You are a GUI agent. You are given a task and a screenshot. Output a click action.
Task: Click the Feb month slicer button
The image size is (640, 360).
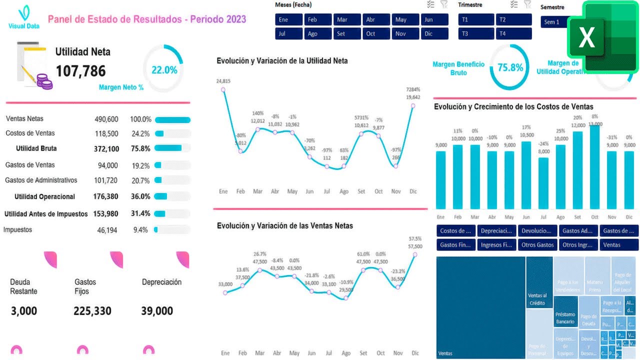coord(318,20)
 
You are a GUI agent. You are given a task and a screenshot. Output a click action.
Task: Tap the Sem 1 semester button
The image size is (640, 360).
coord(555,22)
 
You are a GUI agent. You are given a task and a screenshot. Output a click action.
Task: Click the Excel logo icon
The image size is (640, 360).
coord(603,37)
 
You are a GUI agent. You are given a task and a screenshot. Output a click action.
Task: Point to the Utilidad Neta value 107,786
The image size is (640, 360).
coord(80,71)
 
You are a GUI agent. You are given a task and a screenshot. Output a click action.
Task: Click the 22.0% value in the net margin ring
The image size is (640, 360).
coord(164,70)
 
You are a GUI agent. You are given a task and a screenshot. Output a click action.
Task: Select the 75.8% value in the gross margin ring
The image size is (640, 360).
coord(510,67)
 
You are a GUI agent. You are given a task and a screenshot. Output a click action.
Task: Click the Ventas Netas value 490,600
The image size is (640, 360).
coord(106,119)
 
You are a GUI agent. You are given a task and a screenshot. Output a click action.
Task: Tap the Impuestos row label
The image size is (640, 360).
coord(17,230)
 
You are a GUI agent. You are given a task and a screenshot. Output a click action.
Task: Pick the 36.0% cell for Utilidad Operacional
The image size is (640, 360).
coord(140,196)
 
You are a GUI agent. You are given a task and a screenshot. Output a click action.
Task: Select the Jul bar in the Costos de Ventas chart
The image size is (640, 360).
coord(543,183)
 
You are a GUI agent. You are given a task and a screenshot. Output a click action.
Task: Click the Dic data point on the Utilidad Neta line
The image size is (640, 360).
coord(413,105)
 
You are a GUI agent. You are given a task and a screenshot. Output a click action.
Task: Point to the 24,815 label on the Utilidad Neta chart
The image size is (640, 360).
coord(223,81)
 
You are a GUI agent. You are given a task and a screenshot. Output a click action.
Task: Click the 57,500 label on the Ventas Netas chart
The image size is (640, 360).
coord(415,246)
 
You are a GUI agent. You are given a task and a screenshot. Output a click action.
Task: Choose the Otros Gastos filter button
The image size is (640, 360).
coord(537,245)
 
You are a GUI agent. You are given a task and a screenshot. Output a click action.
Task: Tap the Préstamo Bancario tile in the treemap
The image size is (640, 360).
coord(565,318)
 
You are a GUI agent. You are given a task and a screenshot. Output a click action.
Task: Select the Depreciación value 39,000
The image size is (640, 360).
coord(157,311)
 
